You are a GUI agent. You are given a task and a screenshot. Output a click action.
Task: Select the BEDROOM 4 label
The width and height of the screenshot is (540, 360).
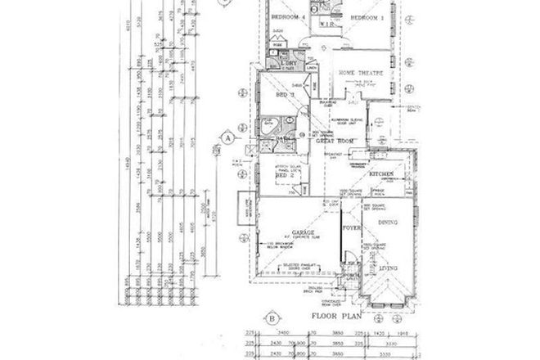point(288,16)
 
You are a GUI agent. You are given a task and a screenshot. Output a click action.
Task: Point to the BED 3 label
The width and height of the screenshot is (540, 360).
point(281,95)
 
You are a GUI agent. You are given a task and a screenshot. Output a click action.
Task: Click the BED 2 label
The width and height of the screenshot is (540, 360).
point(283,176)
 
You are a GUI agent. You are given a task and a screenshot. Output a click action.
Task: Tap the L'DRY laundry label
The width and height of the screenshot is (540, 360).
point(288,62)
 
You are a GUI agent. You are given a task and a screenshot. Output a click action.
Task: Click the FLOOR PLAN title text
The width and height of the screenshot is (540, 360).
point(335,313)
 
